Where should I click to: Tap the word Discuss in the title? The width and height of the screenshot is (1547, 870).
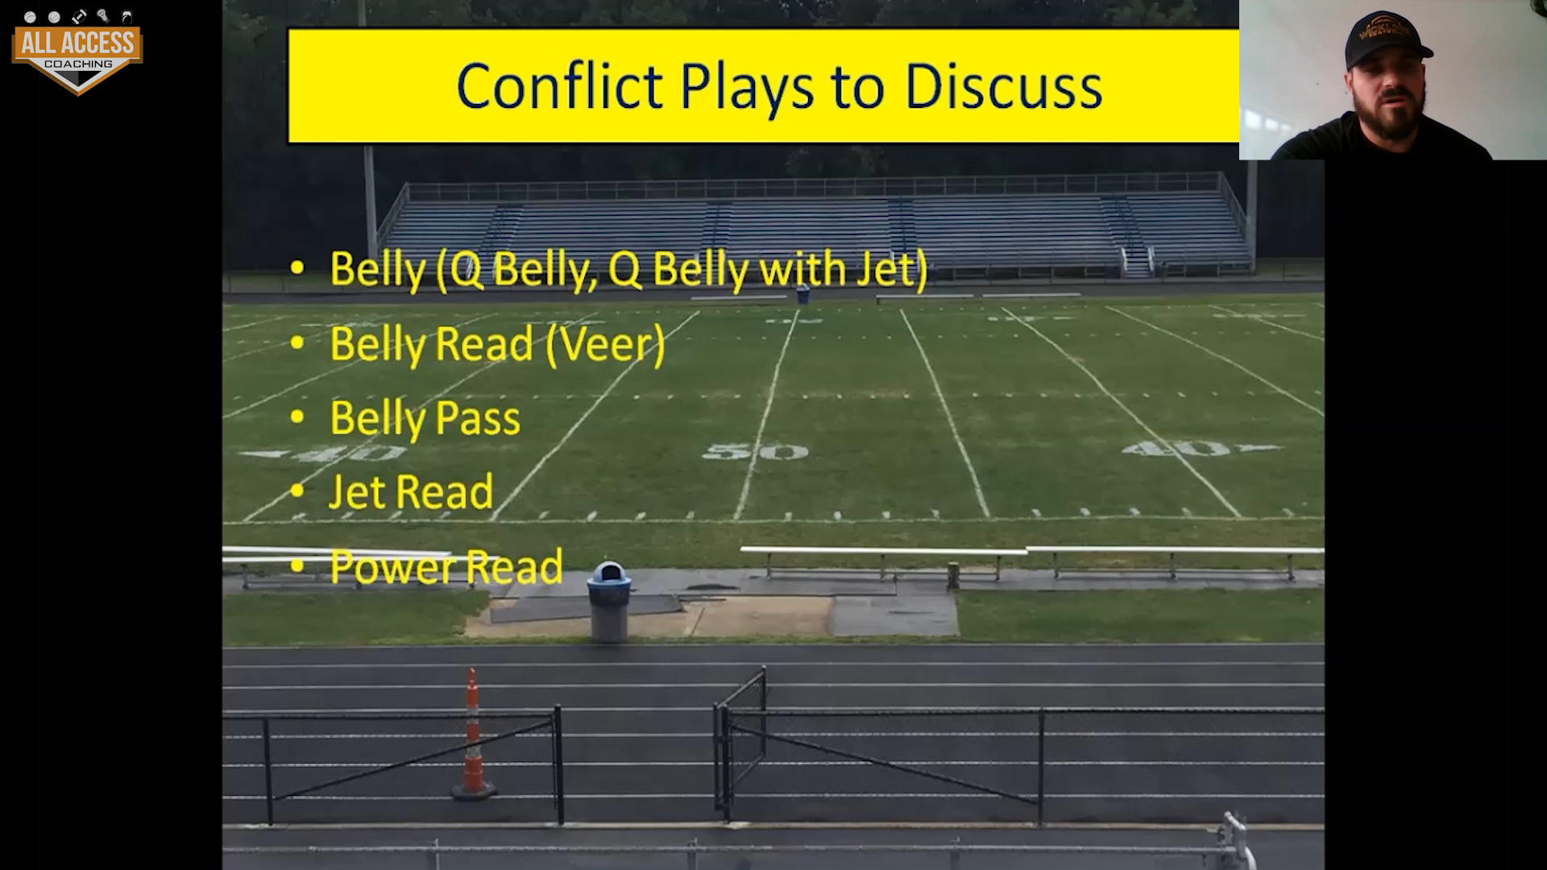1003,85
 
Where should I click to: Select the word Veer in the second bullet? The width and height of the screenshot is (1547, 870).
605,344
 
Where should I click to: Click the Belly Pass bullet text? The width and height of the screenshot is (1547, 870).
425,419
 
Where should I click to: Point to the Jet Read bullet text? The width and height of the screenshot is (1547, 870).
411,491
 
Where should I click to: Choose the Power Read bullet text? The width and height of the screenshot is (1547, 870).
446,566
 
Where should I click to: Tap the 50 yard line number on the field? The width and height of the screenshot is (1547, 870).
755,451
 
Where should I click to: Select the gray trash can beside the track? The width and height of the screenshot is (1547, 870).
608,602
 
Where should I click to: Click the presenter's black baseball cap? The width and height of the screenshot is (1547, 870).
1385,40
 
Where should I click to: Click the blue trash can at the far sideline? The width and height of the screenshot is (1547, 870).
803,295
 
